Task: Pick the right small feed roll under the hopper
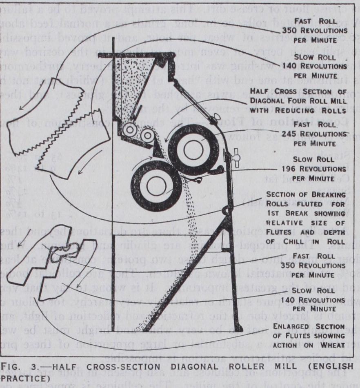pyautogui.click(x=145, y=133)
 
